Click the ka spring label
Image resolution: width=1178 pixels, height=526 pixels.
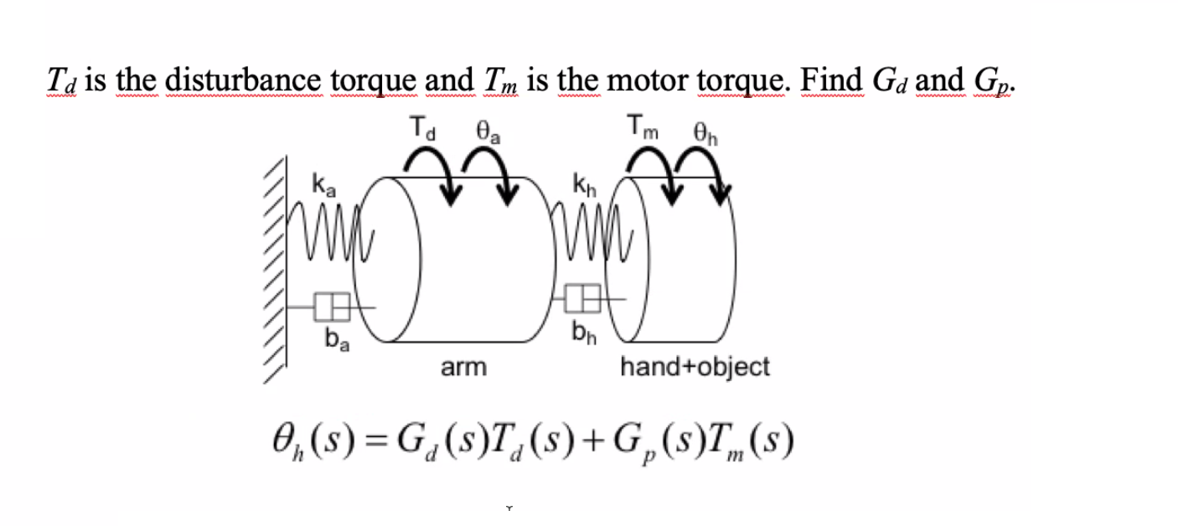(x=323, y=183)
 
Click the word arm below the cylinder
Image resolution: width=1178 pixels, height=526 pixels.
(x=463, y=367)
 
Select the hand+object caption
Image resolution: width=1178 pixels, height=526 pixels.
(x=695, y=367)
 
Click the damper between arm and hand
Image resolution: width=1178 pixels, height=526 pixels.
(x=585, y=297)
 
